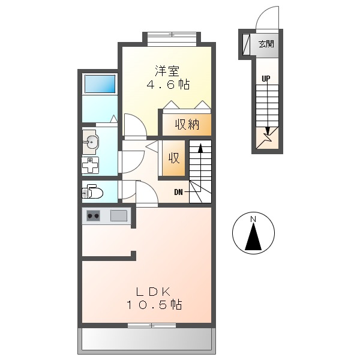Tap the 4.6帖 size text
169,85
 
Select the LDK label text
154,292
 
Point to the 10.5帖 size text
154,305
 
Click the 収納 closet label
187,125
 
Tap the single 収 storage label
174,158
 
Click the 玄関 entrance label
266,43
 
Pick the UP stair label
265,79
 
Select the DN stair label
179,192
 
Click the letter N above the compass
253,218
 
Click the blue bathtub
100,84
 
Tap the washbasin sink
92,142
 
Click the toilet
93,192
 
